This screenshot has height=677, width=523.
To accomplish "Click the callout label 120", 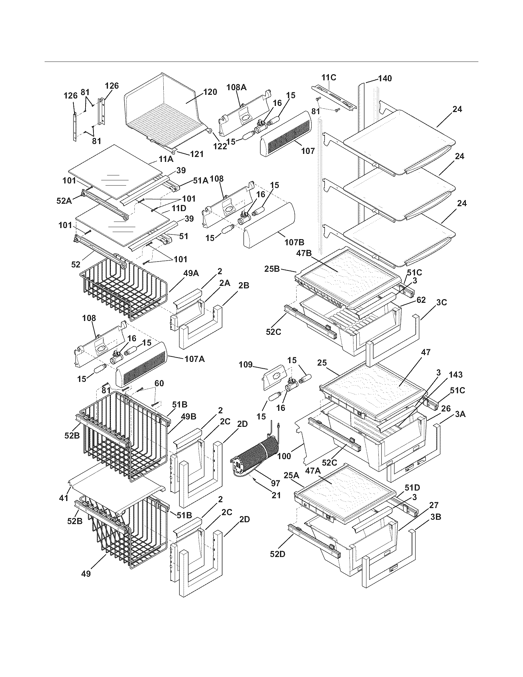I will (x=210, y=92).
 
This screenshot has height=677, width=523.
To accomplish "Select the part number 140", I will (x=385, y=78).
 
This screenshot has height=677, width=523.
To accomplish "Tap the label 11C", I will (x=329, y=77).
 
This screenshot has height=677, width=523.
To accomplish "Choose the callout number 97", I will (x=275, y=483).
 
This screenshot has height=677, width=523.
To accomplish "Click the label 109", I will (x=246, y=365).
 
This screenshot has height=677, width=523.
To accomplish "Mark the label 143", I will (x=455, y=375).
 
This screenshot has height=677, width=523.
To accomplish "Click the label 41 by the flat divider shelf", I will (x=64, y=498).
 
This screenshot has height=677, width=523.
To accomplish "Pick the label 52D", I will (x=277, y=554).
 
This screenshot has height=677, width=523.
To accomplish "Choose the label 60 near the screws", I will (x=159, y=383).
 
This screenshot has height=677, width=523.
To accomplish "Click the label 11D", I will (x=179, y=208).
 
